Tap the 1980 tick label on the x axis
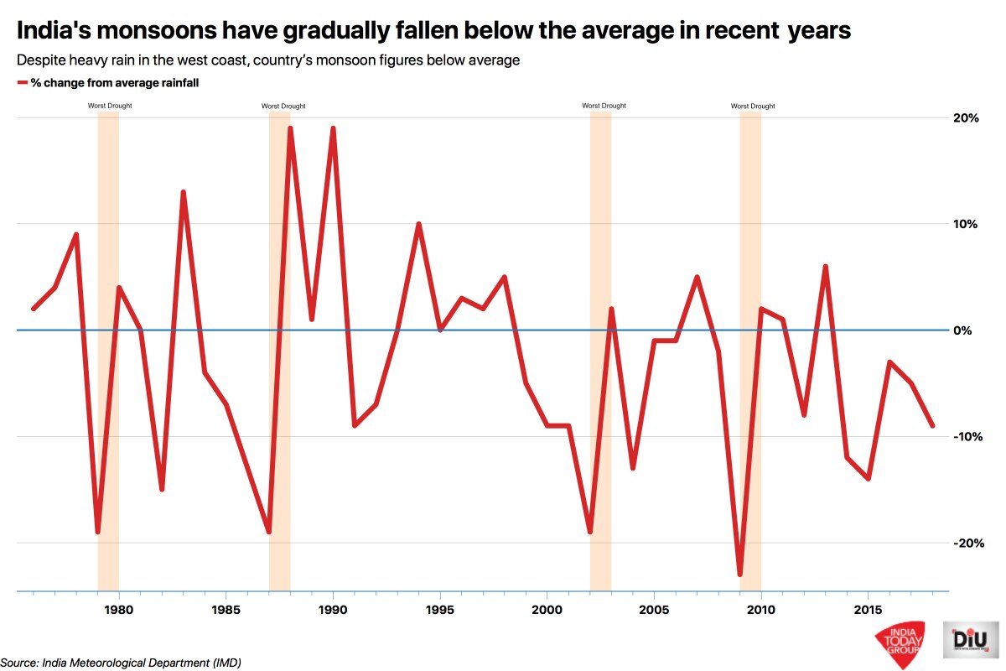click(x=118, y=607)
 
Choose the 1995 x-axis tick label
click(x=439, y=607)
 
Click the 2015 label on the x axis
click(x=868, y=607)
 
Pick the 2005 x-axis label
click(x=653, y=607)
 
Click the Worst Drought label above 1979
click(x=110, y=107)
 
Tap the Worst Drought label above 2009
click(x=753, y=107)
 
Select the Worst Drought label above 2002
click(x=604, y=107)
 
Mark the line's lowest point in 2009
click(x=739, y=575)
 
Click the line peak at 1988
click(x=290, y=128)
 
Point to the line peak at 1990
click(x=333, y=128)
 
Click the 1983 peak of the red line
click(x=183, y=192)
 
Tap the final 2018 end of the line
click(x=932, y=426)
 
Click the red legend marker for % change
click(x=22, y=83)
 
